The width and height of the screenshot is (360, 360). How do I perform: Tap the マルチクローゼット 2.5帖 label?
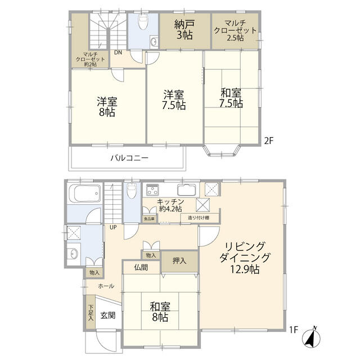[235, 34]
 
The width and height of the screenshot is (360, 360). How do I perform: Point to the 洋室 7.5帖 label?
[174, 100]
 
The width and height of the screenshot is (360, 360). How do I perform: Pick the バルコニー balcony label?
[129, 159]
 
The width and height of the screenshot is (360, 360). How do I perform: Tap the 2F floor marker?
[269, 141]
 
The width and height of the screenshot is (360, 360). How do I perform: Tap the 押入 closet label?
[180, 261]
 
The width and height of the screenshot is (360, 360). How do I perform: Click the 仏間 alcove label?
[142, 268]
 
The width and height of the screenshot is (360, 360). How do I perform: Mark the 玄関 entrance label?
[108, 316]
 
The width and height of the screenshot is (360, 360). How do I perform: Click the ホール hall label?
[106, 286]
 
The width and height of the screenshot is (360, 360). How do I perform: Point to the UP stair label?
[113, 227]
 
